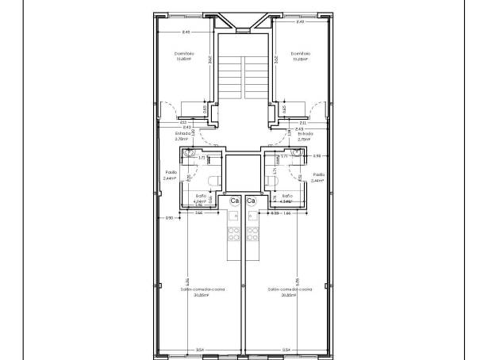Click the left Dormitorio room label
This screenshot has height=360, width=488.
tap(184, 53)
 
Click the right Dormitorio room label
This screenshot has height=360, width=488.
tap(300, 53)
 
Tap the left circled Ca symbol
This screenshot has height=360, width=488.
tap(234, 201)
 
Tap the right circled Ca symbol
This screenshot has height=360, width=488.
tap(252, 201)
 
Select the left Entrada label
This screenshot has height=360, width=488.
tap(183, 133)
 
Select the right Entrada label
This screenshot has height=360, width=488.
tap(305, 133)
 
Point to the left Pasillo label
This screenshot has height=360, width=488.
tap(171, 174)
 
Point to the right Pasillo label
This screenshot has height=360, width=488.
tap(318, 174)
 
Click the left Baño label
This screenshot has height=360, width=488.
tap(200, 196)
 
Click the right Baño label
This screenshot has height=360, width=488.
tap(287, 196)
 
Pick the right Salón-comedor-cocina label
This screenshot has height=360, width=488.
tap(286, 290)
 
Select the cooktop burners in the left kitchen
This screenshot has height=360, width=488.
tap(234, 234)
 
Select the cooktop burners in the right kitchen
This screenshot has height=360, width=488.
tap(253, 234)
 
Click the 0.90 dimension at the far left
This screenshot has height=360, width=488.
tap(169, 217)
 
